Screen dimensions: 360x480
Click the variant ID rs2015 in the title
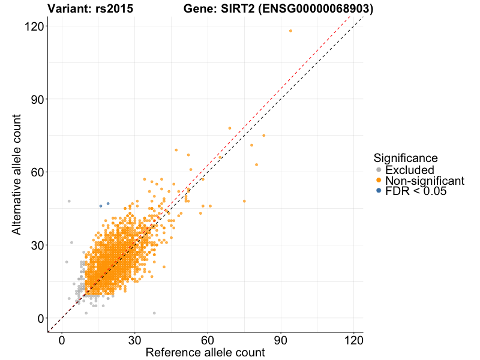click(x=114, y=9)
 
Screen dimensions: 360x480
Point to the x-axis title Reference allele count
click(x=205, y=353)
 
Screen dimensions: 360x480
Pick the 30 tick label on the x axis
click(x=135, y=340)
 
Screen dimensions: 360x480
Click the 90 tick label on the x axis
click(x=281, y=340)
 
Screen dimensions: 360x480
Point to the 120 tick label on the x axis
click(x=354, y=340)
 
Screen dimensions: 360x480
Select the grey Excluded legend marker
click(x=379, y=170)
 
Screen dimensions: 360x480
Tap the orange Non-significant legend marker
click(x=379, y=181)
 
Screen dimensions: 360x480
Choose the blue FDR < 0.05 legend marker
click(x=379, y=191)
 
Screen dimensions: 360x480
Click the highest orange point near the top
click(x=290, y=31)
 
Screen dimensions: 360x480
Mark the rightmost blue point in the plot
click(x=108, y=203)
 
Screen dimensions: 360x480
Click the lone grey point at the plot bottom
click(x=154, y=313)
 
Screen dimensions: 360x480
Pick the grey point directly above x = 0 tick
click(x=69, y=201)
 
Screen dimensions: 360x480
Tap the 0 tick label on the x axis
click(x=62, y=340)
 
